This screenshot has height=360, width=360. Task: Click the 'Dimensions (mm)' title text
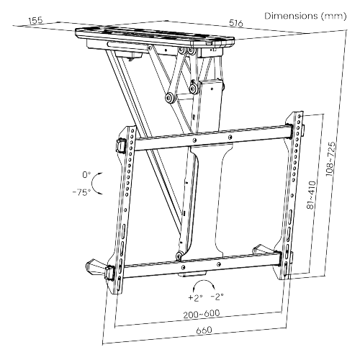[x=305, y=16]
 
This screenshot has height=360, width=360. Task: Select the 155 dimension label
[x=35, y=20]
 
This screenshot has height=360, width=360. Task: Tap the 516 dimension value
[x=236, y=23]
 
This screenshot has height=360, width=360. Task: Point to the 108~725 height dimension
[x=331, y=159]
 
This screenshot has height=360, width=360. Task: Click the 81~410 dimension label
[x=312, y=195]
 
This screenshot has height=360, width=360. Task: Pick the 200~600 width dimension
[x=202, y=314]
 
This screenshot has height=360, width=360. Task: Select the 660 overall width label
[x=204, y=330]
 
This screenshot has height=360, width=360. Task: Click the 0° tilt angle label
[x=86, y=175]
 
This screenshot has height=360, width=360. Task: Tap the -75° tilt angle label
[x=82, y=192]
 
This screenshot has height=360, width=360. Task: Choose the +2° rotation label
[x=195, y=297]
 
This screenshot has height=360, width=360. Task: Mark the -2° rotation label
[x=217, y=297]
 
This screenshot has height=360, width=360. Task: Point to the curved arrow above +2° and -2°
[x=204, y=282]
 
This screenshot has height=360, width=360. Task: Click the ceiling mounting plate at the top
[x=155, y=36]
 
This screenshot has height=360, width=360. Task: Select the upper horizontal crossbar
[x=212, y=138]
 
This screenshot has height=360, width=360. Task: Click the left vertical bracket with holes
[x=125, y=209]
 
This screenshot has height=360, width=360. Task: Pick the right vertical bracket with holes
[x=292, y=195]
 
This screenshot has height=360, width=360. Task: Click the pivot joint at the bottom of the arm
[x=179, y=256]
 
